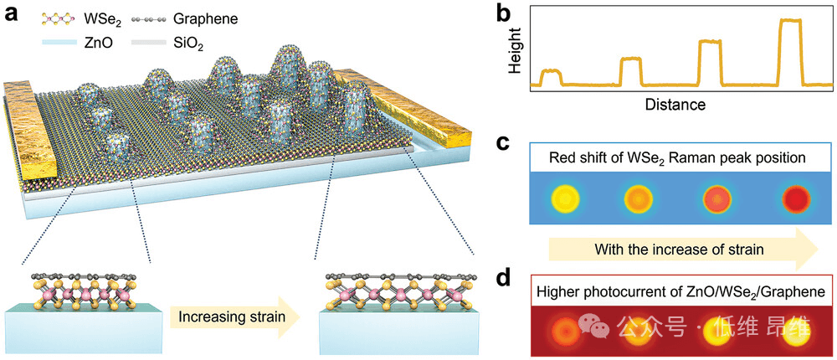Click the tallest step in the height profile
790,50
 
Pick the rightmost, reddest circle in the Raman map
792,198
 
